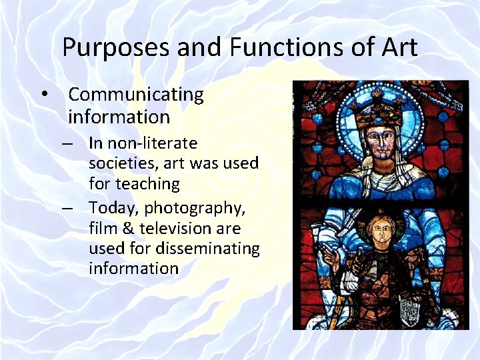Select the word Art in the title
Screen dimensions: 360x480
[398, 47]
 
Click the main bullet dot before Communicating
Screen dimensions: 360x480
[45, 95]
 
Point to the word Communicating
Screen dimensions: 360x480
[136, 95]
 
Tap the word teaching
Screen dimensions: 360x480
[147, 184]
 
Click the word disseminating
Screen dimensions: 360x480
[207, 249]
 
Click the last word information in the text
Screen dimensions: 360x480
[133, 269]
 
